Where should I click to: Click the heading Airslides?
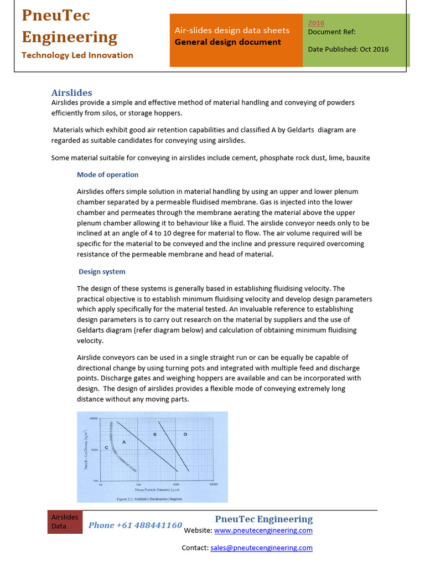71,92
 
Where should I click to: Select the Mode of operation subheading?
107,174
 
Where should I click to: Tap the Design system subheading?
102,271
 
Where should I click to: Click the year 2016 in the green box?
316,23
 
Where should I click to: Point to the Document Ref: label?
331,32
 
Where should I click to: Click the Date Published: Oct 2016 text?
348,49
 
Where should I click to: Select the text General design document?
227,42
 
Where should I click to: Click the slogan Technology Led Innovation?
77,55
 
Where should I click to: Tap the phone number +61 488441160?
135,525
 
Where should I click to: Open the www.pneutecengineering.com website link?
263,530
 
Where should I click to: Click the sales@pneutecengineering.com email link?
261,548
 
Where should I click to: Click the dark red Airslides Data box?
65,522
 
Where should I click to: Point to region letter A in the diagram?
124,442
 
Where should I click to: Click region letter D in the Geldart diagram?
185,435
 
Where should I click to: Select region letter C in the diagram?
106,446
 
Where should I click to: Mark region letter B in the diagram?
154,435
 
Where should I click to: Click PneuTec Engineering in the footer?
263,519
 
